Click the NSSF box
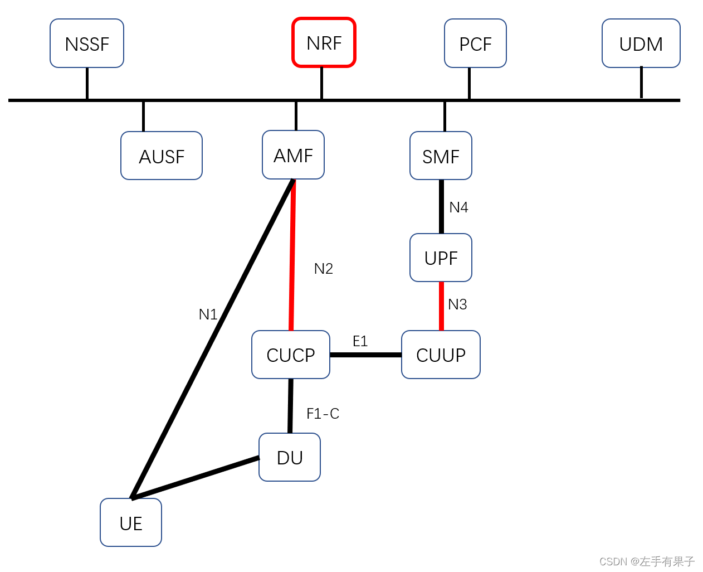87,43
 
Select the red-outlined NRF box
324,43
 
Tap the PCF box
475,43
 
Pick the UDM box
641,43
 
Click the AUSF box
162,156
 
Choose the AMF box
293,155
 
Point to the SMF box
441,156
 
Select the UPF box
441,258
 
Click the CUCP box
291,355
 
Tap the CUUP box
441,355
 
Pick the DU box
290,457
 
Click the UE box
131,523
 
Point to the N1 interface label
208,314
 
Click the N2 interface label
324,269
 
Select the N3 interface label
457,304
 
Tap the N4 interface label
458,207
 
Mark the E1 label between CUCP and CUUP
360,341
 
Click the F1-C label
323,414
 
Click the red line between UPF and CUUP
442,307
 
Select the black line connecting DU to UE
195,478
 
